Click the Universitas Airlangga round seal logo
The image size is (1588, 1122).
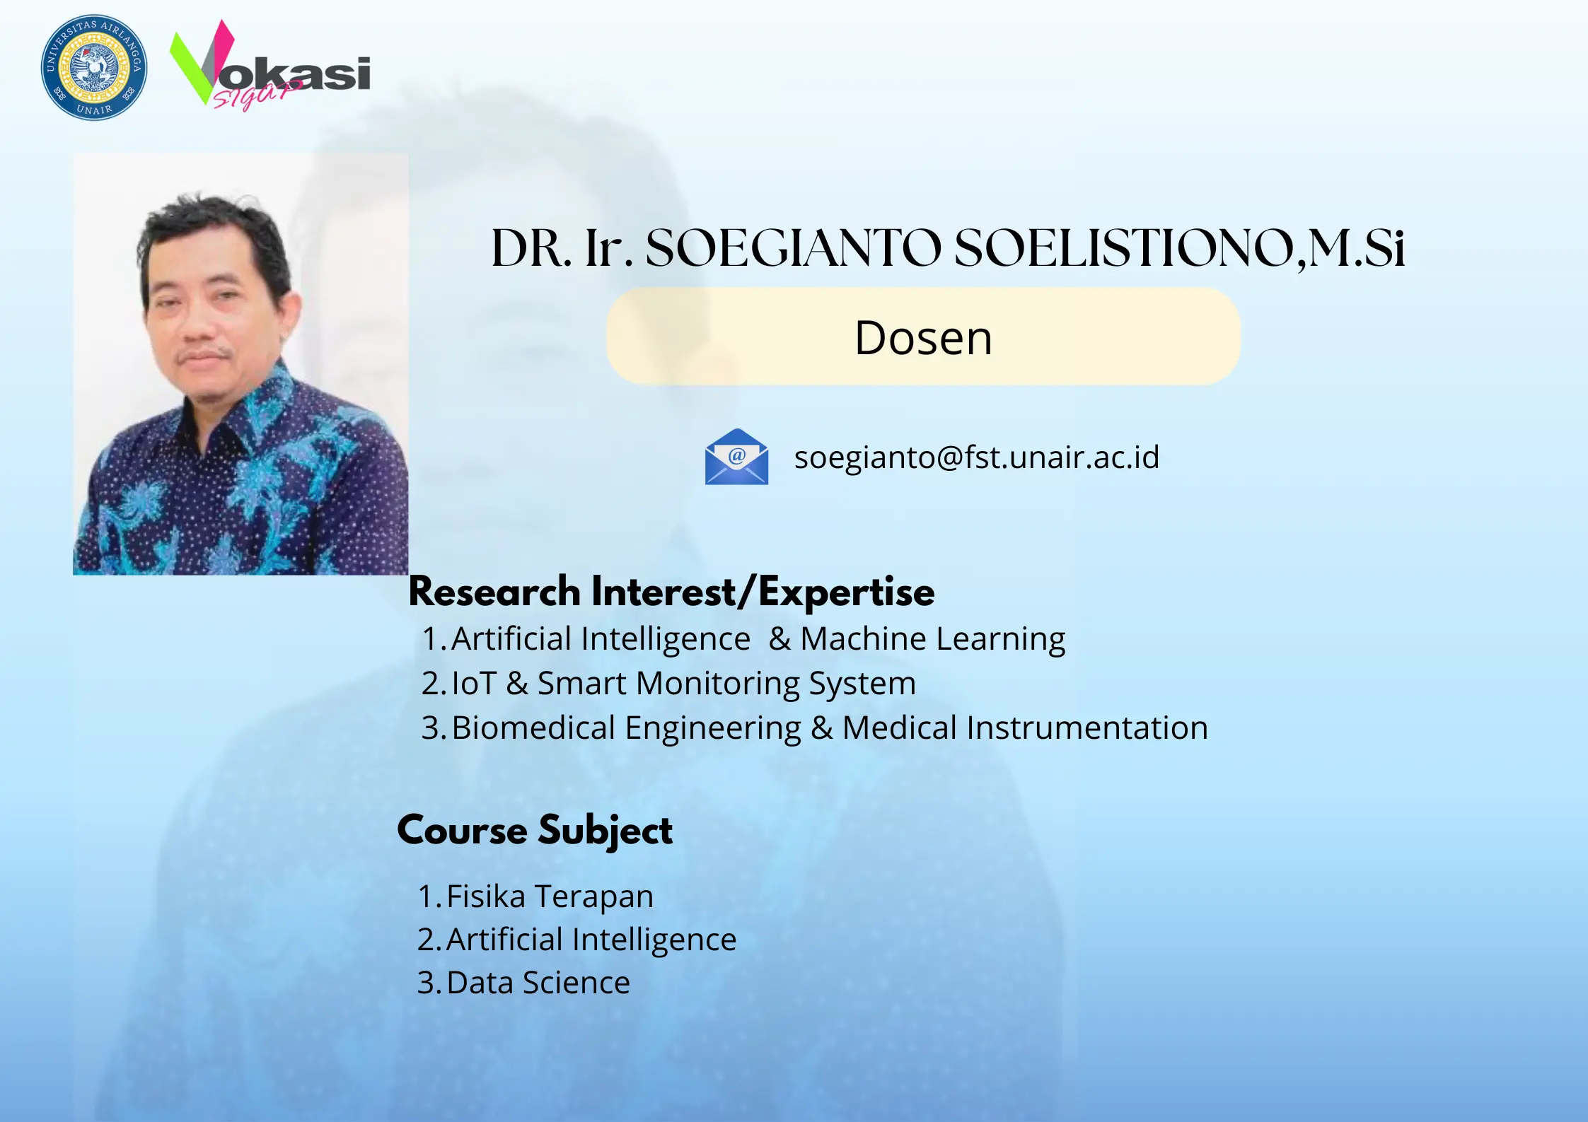point(94,68)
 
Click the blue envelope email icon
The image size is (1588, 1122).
point(736,457)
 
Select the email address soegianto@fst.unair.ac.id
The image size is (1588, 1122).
point(976,457)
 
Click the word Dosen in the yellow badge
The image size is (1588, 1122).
point(923,338)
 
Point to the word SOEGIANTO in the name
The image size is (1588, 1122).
point(793,249)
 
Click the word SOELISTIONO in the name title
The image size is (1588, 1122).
point(1125,249)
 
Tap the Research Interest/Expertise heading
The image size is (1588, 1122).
point(671,592)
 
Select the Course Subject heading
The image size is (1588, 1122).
point(535,830)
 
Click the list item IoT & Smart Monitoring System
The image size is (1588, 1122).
point(683,684)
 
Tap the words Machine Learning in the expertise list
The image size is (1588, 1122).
point(932,639)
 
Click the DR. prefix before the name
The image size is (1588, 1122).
point(531,249)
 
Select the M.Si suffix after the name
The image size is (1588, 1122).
point(1357,249)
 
